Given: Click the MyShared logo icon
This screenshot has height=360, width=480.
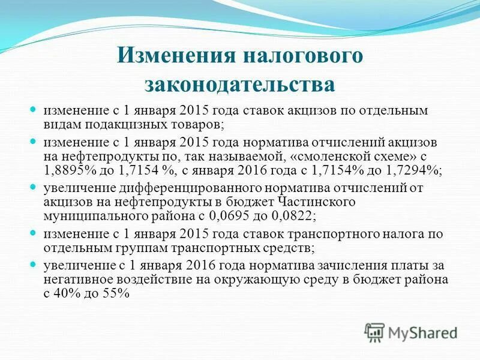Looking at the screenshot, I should point(375,332).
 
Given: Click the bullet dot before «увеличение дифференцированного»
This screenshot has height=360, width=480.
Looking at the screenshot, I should point(34,187).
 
